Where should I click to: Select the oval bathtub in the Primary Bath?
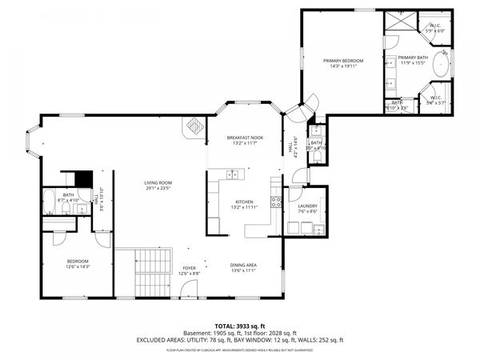441,67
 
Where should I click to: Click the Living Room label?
158,186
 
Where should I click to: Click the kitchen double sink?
233,174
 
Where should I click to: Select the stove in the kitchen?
276,202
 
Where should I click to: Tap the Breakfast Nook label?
244,141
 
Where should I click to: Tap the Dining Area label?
243,268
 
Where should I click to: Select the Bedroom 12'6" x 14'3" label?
78,265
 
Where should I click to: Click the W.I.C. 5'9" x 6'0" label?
435,27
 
